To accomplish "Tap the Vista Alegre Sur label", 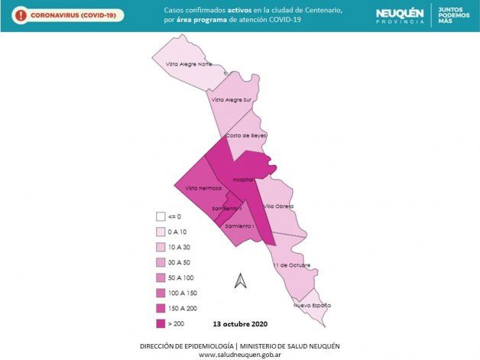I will point(232,100).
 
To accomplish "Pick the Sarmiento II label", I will point(228,209).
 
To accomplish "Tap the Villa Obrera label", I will point(279,206).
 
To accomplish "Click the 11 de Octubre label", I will point(291,265).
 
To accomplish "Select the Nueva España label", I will point(313,306).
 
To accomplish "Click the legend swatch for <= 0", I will point(161,216).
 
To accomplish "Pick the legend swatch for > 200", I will point(161,324).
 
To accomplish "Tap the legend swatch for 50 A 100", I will point(161,277).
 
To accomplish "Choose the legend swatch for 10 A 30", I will point(161,247).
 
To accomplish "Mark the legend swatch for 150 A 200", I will point(161,308).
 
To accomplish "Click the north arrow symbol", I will point(241,281).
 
